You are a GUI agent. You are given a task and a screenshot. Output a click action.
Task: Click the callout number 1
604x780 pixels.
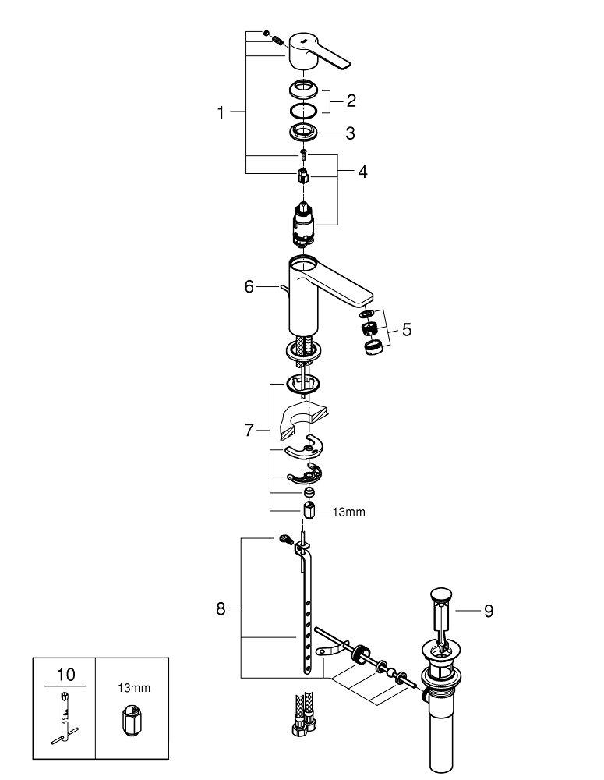tap(221, 113)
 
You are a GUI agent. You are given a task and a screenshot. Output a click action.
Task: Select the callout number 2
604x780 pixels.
tap(351, 101)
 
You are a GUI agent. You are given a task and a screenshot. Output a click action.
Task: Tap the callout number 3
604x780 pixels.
tap(351, 133)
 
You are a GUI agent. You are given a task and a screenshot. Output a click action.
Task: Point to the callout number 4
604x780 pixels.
tap(362, 172)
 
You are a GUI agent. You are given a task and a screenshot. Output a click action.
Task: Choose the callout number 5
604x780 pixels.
tap(407, 329)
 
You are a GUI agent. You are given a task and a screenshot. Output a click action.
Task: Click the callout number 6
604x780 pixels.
tap(249, 286)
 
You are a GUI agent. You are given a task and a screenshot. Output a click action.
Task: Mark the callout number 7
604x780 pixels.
tap(249, 430)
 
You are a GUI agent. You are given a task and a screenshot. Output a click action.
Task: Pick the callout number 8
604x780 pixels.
tap(221, 608)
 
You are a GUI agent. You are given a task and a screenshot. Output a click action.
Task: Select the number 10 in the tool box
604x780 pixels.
tap(65, 675)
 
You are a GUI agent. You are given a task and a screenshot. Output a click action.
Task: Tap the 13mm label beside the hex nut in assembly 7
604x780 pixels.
tap(348, 512)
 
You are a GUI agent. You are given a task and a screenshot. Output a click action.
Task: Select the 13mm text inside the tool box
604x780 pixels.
tap(134, 688)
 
